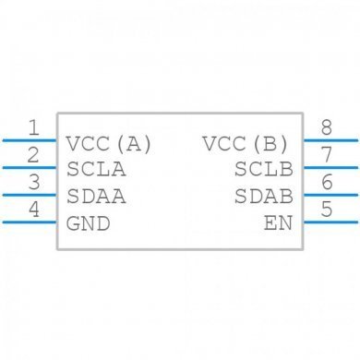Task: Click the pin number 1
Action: pyautogui.click(x=34, y=127)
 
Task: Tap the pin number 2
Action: pyautogui.click(x=34, y=154)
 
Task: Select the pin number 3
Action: pyautogui.click(x=34, y=182)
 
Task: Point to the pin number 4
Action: pyautogui.click(x=34, y=210)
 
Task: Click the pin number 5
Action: pyautogui.click(x=326, y=210)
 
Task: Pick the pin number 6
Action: pyautogui.click(x=326, y=182)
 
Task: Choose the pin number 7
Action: pyautogui.click(x=326, y=154)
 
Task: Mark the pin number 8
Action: pyautogui.click(x=326, y=127)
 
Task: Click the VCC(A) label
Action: pyautogui.click(x=109, y=144)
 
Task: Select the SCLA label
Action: pyautogui.click(x=96, y=170)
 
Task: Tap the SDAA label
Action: pyautogui.click(x=96, y=197)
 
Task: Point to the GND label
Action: pyautogui.click(x=89, y=223)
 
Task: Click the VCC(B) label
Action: pyautogui.click(x=246, y=144)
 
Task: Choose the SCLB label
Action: pyautogui.click(x=263, y=170)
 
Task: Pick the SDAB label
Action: pyautogui.click(x=263, y=197)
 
